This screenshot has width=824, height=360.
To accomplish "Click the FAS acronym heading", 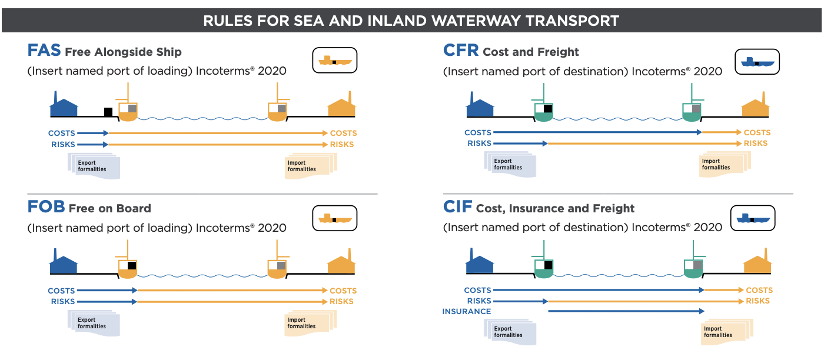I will [44, 51].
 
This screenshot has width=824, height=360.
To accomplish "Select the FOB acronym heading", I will [46, 207].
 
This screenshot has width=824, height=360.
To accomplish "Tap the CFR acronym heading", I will [460, 51].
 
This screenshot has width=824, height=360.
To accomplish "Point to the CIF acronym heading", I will [457, 207].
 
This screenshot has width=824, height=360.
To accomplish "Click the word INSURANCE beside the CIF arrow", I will [466, 311].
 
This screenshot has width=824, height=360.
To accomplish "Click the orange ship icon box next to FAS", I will [334, 60].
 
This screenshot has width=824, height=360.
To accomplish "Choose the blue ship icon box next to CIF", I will [753, 218].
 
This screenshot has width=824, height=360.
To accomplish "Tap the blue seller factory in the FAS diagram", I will [64, 107].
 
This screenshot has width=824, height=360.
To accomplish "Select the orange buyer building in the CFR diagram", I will [756, 107].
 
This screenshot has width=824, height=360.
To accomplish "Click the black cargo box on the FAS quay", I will [108, 112].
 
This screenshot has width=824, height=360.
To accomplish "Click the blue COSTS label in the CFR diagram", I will [477, 132].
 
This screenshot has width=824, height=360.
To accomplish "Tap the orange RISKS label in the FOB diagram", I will [341, 301].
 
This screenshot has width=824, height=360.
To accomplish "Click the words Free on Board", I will [109, 208].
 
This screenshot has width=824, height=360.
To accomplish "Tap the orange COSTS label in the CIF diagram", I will [759, 290].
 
